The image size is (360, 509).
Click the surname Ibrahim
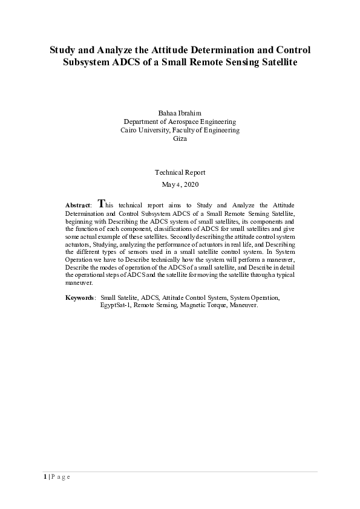[192, 113]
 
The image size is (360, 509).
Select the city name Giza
[180, 138]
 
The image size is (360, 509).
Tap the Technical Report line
[180, 172]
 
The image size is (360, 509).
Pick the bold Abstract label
[77, 206]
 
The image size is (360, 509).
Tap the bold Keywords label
[79, 298]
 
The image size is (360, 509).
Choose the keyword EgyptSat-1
[116, 305]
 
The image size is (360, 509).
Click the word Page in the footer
[61, 477]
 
